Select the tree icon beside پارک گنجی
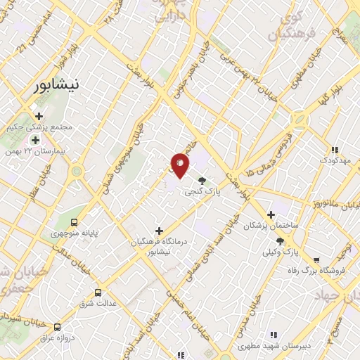pyautogui.click(x=203, y=180)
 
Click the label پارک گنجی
pyautogui.click(x=200, y=191)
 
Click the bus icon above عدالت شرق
pyautogui.click(x=98, y=292)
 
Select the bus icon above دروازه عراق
pyautogui.click(x=58, y=326)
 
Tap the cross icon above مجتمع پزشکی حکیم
pyautogui.click(x=39, y=116)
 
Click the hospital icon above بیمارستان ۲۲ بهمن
pyautogui.click(x=35, y=141)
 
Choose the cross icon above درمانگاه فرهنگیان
pyautogui.click(x=159, y=230)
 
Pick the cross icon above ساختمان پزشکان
pyautogui.click(x=271, y=214)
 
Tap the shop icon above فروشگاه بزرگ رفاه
pyautogui.click(x=316, y=259)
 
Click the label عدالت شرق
pyautogui.click(x=98, y=303)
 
